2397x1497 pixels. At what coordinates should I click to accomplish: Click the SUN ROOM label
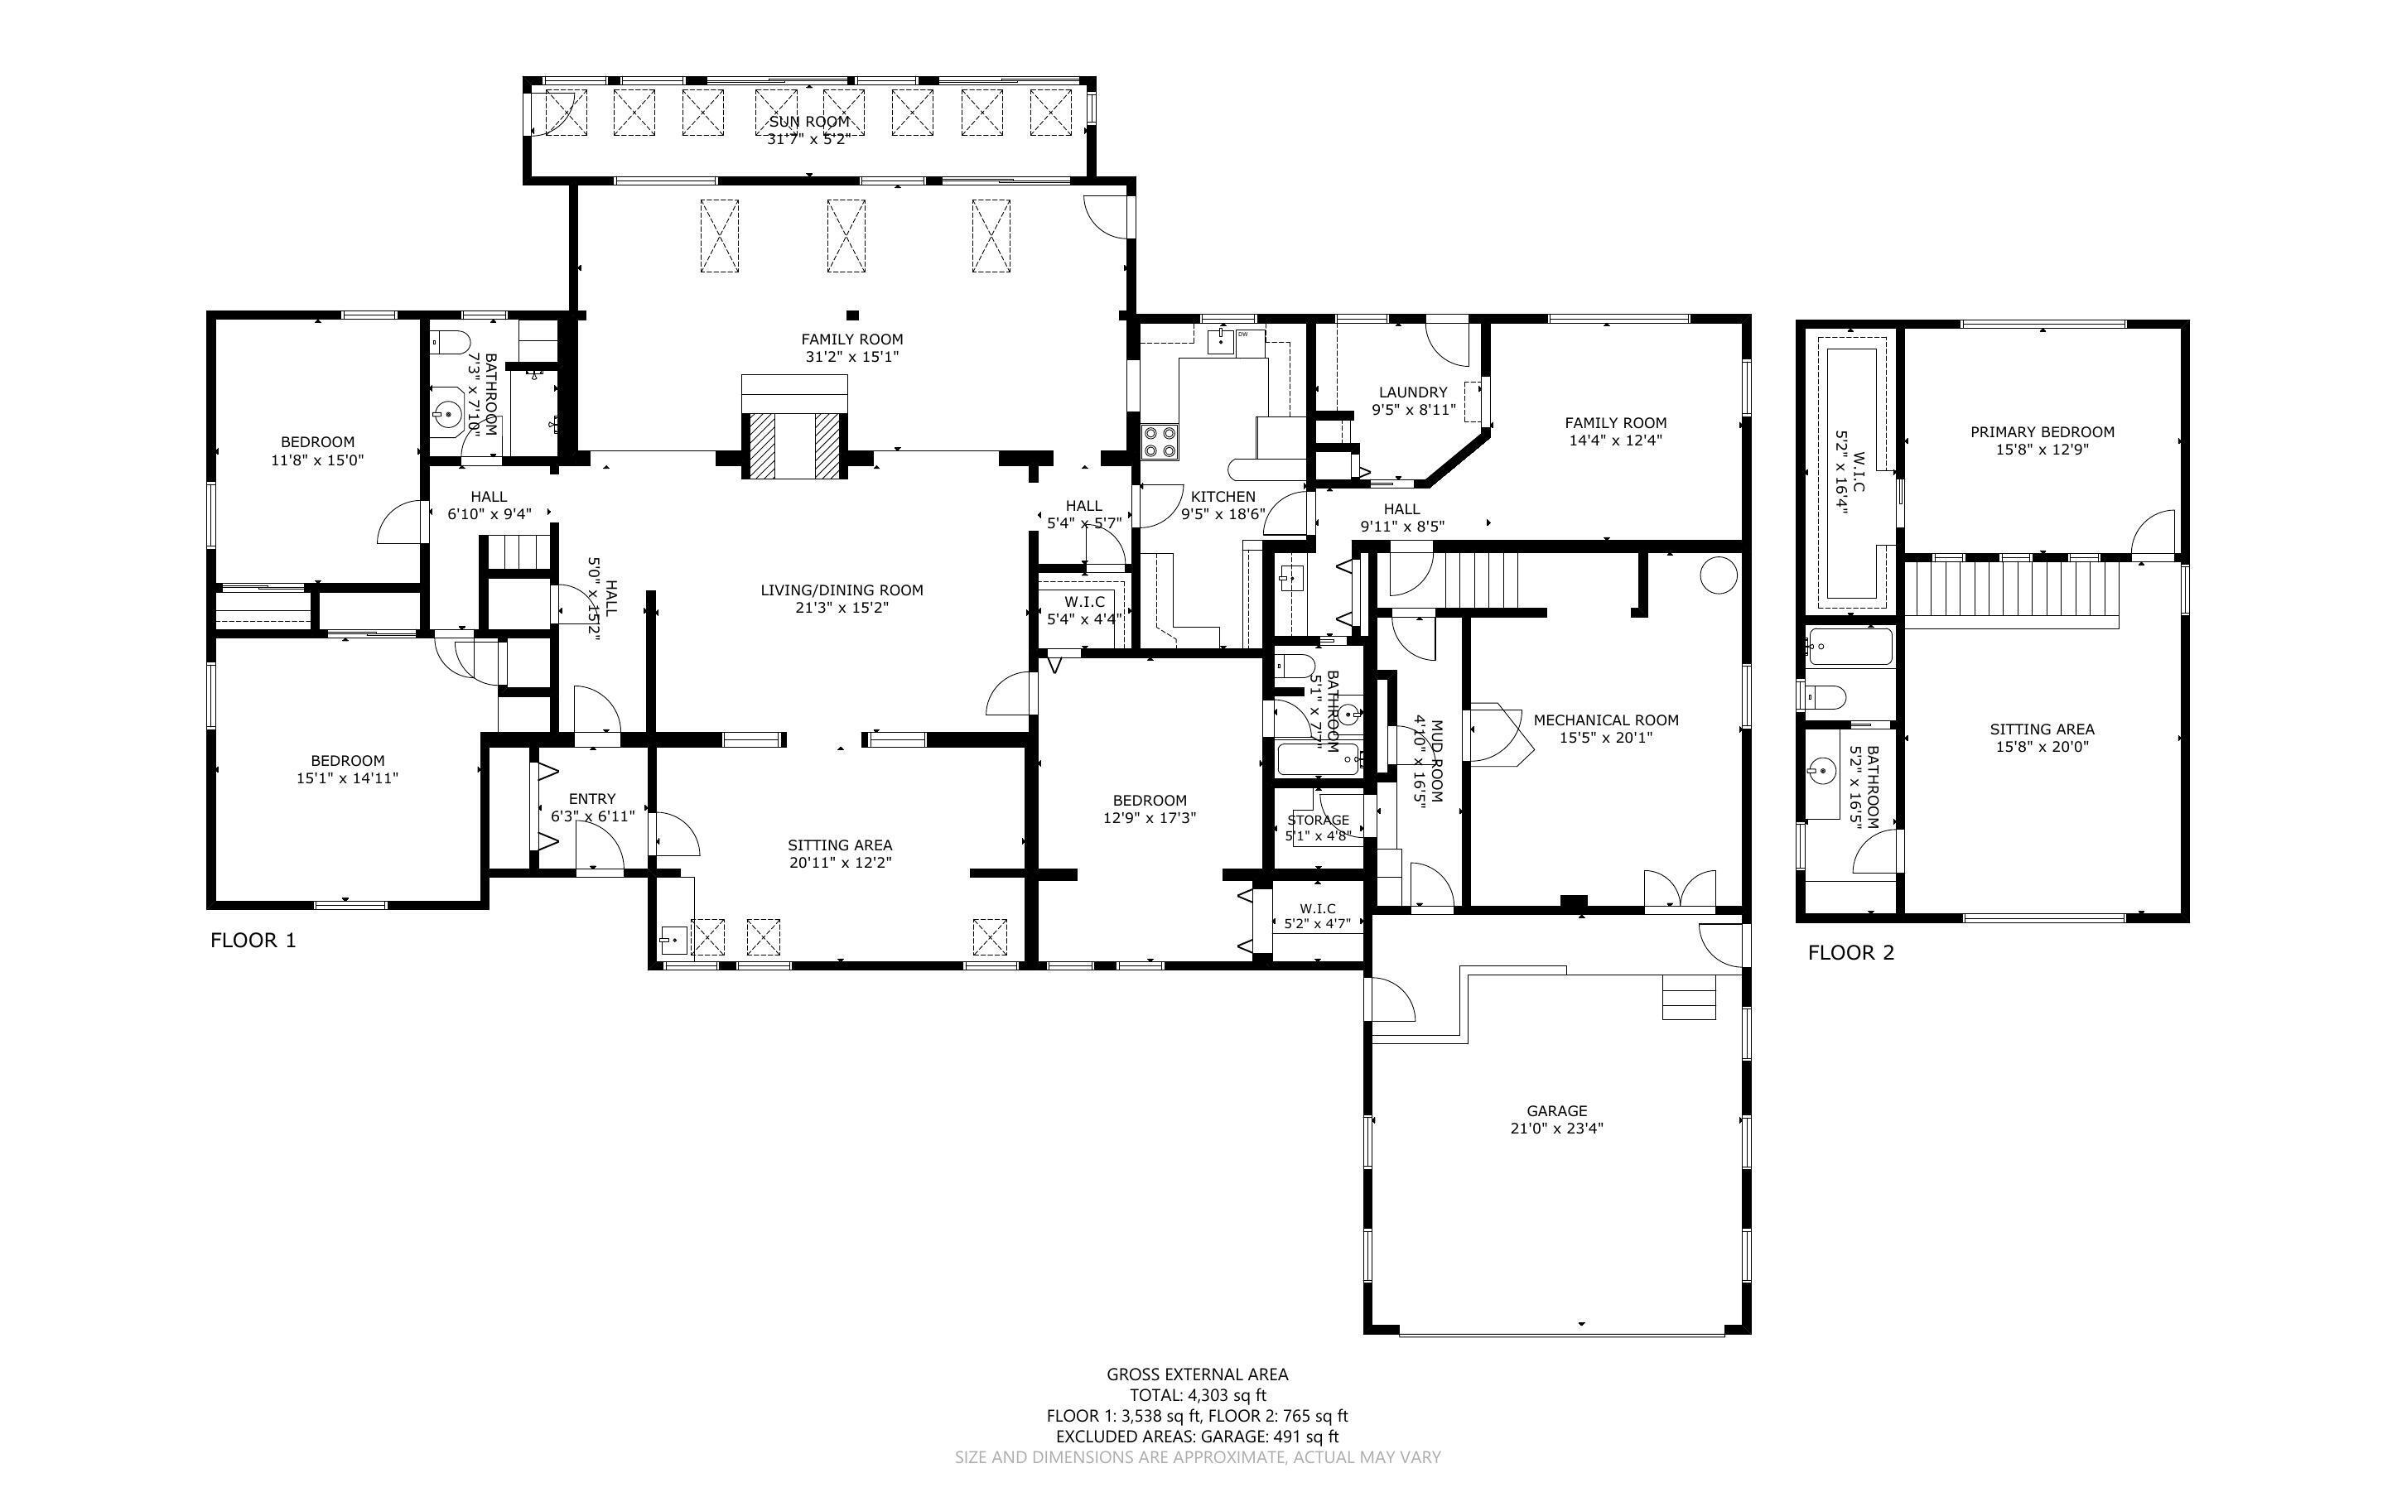809,122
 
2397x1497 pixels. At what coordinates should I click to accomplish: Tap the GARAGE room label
1556,1111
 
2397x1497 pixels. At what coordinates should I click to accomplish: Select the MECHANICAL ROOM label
1606,720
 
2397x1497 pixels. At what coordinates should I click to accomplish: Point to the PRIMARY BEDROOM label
2042,431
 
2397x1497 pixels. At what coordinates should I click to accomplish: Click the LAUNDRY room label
1413,392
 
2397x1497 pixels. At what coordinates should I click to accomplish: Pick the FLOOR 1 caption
253,941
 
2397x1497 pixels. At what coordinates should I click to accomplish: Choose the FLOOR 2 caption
1850,952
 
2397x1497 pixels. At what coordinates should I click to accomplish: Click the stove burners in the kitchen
1160,441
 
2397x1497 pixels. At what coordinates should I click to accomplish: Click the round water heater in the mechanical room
1719,575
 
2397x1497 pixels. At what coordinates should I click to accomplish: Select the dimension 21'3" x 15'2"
842,608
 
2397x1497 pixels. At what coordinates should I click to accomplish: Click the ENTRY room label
592,799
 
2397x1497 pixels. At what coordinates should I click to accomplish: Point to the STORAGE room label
1318,820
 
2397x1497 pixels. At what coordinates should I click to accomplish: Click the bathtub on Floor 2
1849,647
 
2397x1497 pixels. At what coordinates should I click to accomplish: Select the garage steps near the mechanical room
1688,997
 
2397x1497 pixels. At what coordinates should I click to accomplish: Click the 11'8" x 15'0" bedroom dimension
317,460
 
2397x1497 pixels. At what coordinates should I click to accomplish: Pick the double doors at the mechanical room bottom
1679,889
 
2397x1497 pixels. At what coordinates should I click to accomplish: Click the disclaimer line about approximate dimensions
1197,1457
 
